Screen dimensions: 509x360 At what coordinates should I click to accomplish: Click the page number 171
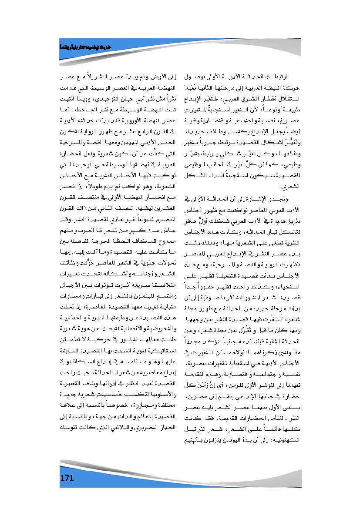pos(67,478)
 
